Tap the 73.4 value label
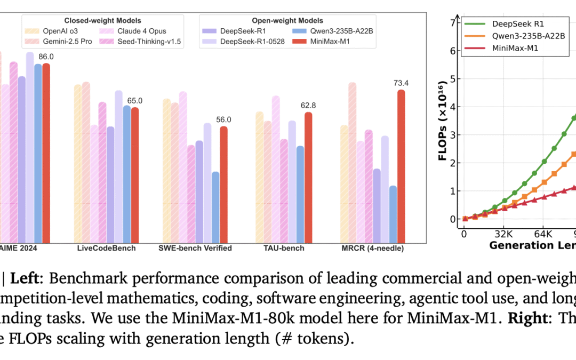[x=401, y=83]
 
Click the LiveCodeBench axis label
[x=107, y=248]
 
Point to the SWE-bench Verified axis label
[x=195, y=248]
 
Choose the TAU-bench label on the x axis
[x=284, y=248]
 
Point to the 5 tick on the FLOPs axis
[x=454, y=79]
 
